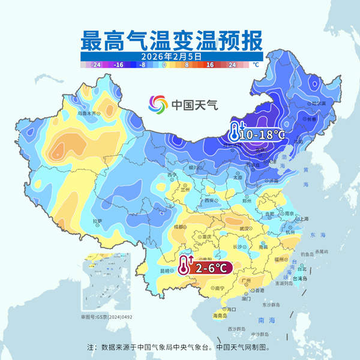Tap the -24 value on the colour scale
pos(95,62)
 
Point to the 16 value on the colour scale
pos(211,62)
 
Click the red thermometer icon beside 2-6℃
pos(182,265)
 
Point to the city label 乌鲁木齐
pos(88,112)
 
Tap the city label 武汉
pos(242,228)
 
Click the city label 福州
pos(281,260)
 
